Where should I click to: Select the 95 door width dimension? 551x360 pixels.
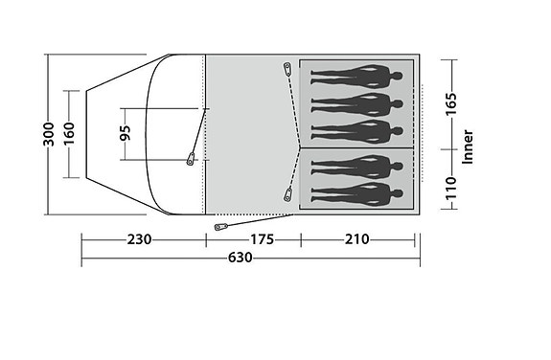125,134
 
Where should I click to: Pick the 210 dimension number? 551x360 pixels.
355,239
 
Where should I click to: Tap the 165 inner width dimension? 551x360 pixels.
450,103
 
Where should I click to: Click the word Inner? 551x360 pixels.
468,146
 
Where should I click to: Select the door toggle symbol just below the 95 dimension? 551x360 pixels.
192,158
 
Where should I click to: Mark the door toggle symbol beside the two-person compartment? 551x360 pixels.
287,196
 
